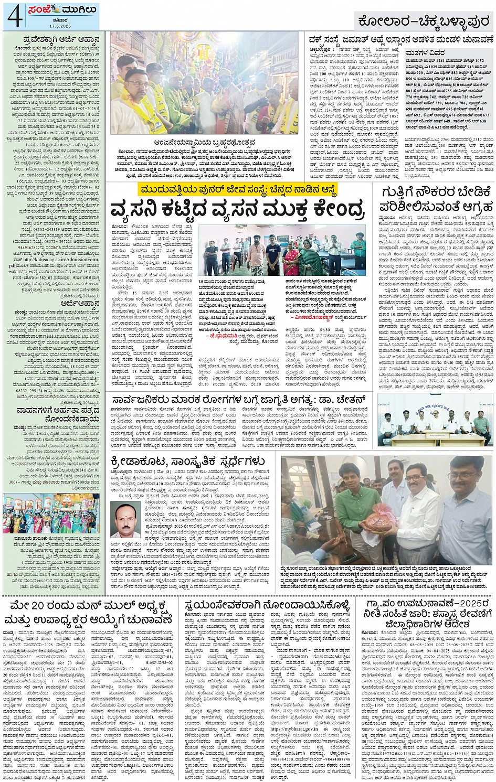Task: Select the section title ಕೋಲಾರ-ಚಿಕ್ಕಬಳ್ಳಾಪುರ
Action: click(423, 20)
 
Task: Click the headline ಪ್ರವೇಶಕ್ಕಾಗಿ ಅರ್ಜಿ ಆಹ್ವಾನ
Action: click(57, 39)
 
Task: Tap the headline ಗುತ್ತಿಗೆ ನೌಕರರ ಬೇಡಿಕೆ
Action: click(435, 192)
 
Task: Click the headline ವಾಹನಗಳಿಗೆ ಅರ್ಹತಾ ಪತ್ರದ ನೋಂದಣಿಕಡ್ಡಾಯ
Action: click(58, 414)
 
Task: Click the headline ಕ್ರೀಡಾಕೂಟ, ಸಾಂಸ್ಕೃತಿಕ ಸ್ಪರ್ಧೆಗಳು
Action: click(188, 462)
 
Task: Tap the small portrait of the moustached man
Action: click(125, 519)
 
